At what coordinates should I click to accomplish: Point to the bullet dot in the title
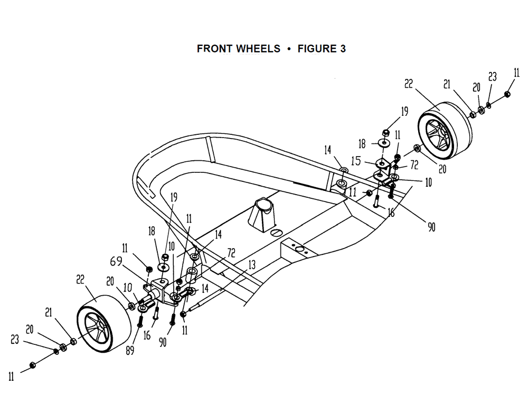click(289, 49)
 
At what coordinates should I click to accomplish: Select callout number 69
click(116, 261)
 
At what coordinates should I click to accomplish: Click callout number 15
click(356, 161)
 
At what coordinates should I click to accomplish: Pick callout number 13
click(252, 265)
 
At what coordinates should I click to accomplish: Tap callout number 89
click(130, 351)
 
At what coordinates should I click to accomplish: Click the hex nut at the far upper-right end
click(507, 94)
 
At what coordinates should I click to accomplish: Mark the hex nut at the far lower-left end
click(33, 365)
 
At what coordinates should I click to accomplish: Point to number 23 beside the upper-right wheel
click(492, 77)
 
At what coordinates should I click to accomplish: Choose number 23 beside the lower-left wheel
click(15, 339)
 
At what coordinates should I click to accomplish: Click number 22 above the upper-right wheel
click(409, 84)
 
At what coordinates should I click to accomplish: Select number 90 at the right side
click(431, 227)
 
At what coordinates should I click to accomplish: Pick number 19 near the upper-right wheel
click(404, 111)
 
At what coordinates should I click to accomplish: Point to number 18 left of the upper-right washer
click(362, 144)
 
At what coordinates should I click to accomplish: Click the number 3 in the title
click(343, 49)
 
